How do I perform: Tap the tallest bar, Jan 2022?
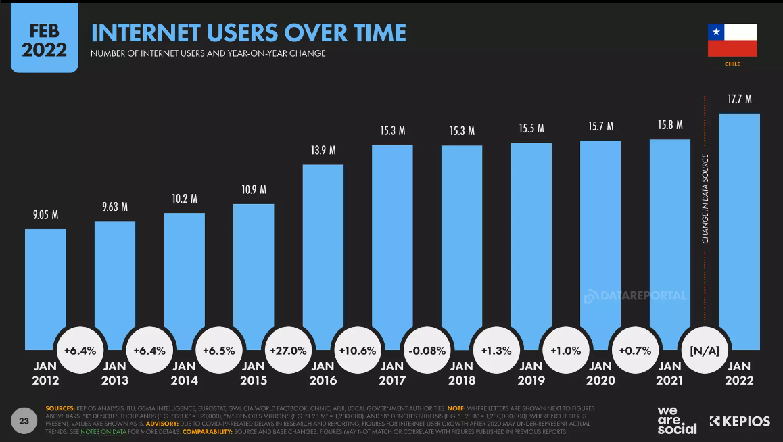point(739,230)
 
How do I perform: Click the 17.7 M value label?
point(739,100)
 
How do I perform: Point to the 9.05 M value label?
point(45,216)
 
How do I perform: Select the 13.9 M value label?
point(323,150)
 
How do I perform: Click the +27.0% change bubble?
point(288,351)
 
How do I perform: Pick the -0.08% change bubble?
point(427,351)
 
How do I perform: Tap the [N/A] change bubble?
point(704,351)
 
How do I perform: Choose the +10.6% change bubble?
point(357,351)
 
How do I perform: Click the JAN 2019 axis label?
point(531,373)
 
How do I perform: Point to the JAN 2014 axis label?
point(184,373)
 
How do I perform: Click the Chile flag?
point(732,41)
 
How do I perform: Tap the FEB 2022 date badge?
point(44,41)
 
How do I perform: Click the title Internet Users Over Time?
point(249,32)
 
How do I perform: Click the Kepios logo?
point(740,422)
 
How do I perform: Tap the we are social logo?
point(676,420)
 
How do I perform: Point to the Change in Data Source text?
point(705,199)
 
